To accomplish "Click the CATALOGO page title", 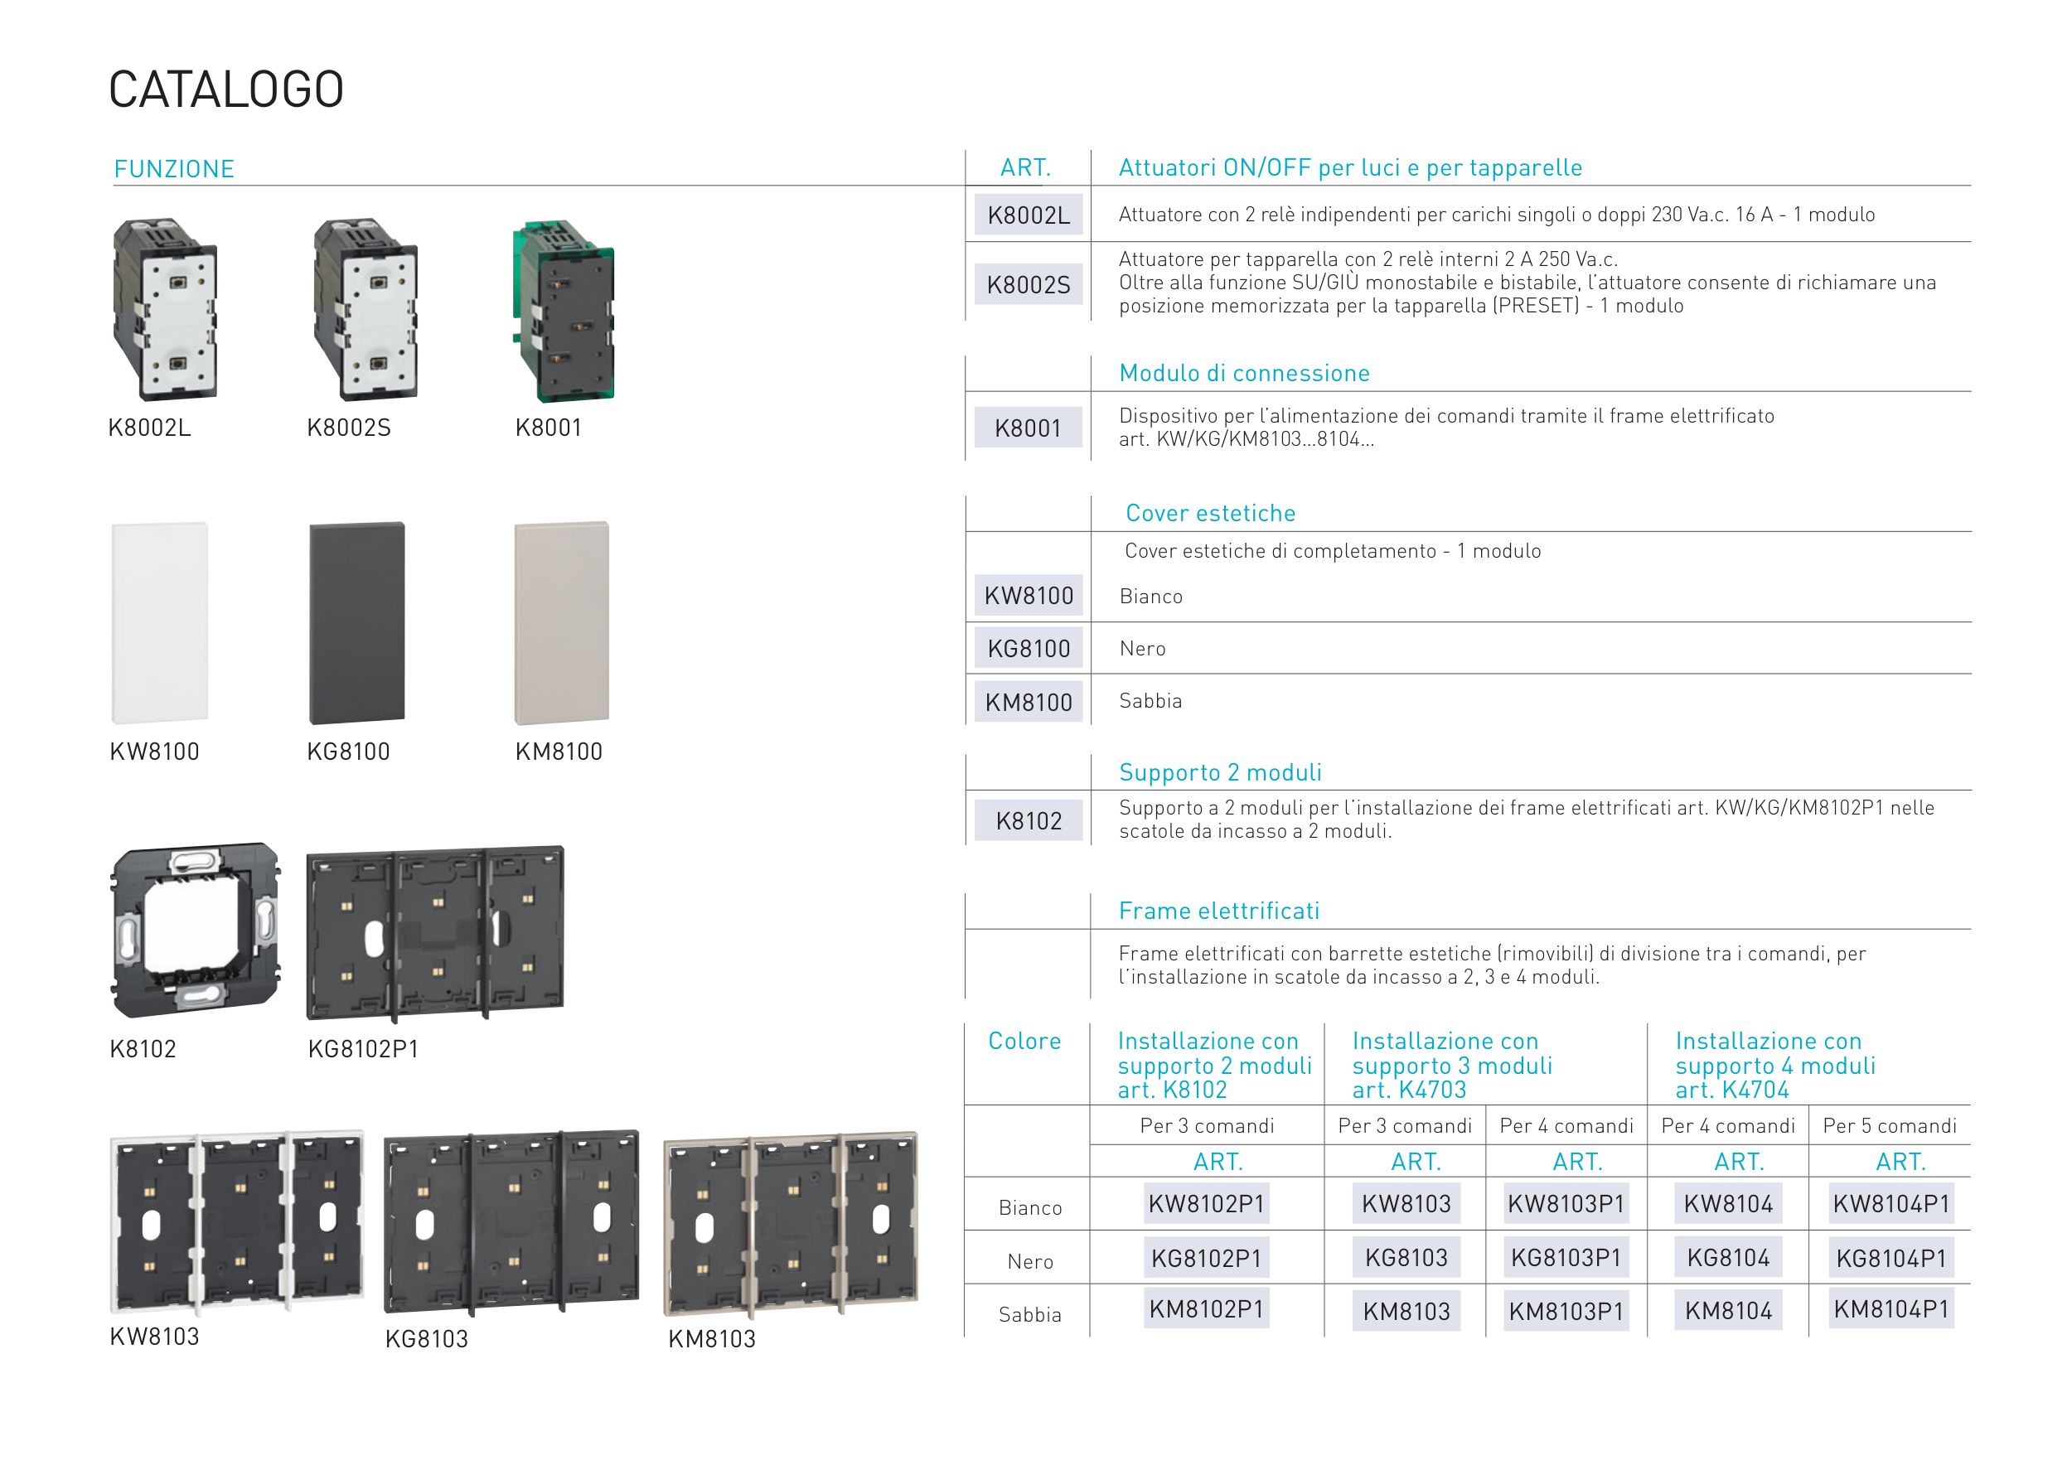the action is [x=225, y=89].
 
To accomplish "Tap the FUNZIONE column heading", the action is [x=174, y=169].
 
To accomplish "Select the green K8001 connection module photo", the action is [x=563, y=311].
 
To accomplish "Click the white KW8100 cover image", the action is [x=160, y=622].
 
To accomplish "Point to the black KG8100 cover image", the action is [x=357, y=622].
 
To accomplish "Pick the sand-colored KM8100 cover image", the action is [x=562, y=622].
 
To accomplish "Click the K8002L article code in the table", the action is [x=1029, y=215].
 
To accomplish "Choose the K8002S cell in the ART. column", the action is [x=1029, y=285].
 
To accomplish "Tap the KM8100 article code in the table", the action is [x=1029, y=702].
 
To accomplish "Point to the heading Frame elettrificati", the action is [x=1219, y=911].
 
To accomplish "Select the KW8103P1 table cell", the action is [x=1566, y=1204].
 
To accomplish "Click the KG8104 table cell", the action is [x=1729, y=1259].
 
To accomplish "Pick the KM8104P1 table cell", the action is [x=1891, y=1310].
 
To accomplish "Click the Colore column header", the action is [x=1025, y=1041].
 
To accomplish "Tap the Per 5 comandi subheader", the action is [x=1890, y=1126].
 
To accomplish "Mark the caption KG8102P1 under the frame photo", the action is [x=364, y=1049].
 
